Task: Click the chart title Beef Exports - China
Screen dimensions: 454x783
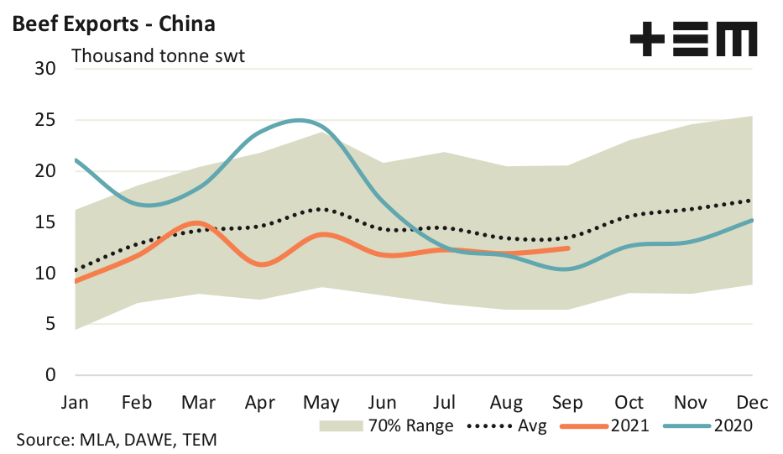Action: pos(113,23)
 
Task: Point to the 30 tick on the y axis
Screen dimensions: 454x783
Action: pos(44,69)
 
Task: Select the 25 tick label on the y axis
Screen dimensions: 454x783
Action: pos(44,120)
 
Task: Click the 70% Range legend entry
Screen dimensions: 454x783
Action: pos(386,425)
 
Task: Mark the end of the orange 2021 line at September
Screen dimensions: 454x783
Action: pos(568,248)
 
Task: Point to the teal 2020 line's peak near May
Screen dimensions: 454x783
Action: pos(298,120)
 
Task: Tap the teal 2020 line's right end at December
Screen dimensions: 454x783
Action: pos(751,221)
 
